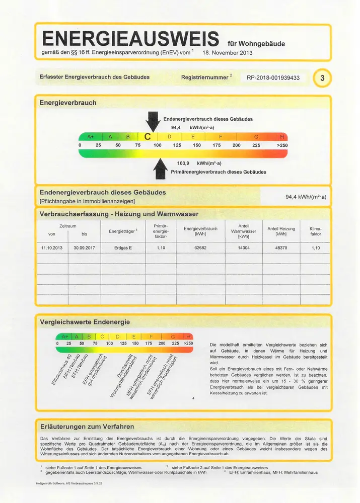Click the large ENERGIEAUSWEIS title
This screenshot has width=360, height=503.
point(131,38)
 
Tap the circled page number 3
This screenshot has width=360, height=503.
point(322,78)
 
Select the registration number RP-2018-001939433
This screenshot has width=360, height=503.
point(273,78)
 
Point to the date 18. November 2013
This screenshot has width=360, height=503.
point(228,52)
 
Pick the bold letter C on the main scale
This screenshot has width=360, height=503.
point(148,136)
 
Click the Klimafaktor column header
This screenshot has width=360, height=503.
point(316,231)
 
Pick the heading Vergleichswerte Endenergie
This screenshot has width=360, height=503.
point(85,322)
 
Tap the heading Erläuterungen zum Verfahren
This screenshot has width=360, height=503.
point(87,427)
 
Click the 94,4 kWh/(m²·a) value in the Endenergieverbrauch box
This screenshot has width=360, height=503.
point(306,197)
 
